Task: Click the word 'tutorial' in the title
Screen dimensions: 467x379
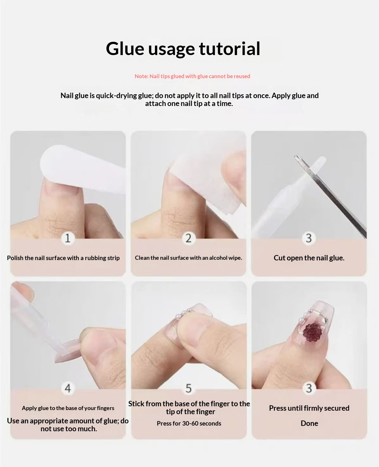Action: click(x=229, y=49)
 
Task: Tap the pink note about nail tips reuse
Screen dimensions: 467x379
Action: click(x=192, y=76)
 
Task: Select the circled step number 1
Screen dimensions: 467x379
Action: click(x=68, y=238)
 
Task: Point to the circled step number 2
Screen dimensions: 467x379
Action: click(x=189, y=238)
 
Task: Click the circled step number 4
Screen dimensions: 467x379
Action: click(x=68, y=388)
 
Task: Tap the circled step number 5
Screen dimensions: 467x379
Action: click(x=189, y=388)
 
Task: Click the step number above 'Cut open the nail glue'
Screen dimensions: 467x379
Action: click(x=309, y=238)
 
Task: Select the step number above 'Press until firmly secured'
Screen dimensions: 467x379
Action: click(x=309, y=388)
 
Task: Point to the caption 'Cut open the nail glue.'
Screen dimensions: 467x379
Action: click(x=309, y=258)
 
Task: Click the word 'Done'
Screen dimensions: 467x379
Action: click(x=309, y=423)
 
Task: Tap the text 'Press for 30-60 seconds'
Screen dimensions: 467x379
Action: click(x=189, y=423)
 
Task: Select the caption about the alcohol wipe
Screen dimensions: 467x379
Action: click(x=189, y=258)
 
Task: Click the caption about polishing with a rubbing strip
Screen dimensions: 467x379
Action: click(x=63, y=258)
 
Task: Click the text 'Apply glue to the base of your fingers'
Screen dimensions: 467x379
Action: click(x=68, y=408)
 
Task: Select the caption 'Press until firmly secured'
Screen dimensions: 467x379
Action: click(x=309, y=408)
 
